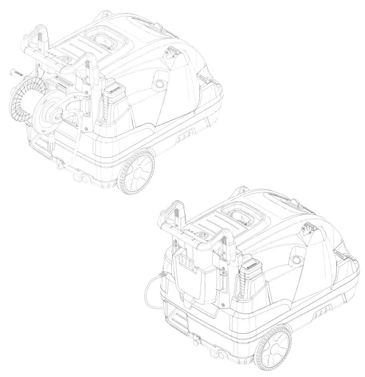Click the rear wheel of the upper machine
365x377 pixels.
click(x=137, y=173)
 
